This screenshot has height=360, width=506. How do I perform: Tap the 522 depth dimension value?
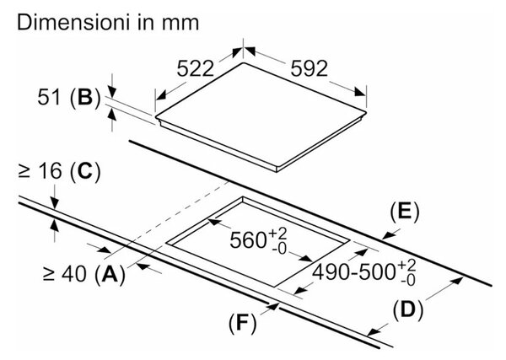click(196, 68)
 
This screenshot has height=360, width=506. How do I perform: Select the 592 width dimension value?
click(310, 68)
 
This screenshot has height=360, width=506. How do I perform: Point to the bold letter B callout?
click(85, 97)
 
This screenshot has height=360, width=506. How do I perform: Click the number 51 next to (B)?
click(49, 97)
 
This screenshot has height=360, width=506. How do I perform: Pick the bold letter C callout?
click(85, 170)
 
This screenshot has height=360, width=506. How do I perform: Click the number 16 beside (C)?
click(50, 170)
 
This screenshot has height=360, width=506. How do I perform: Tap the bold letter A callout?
click(110, 274)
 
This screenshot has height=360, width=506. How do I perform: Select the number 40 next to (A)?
click(74, 274)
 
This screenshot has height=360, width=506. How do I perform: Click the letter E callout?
click(404, 212)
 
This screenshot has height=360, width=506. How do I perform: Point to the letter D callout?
click(408, 310)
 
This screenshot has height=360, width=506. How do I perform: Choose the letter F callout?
click(242, 322)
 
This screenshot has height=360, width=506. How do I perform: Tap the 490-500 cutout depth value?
click(354, 272)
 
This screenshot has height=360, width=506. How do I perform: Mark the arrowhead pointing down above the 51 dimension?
click(112, 91)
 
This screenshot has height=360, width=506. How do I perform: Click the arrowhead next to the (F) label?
click(273, 306)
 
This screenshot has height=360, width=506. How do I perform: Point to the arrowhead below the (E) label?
click(388, 236)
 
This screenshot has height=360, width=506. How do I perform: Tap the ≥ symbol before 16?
click(24, 172)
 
